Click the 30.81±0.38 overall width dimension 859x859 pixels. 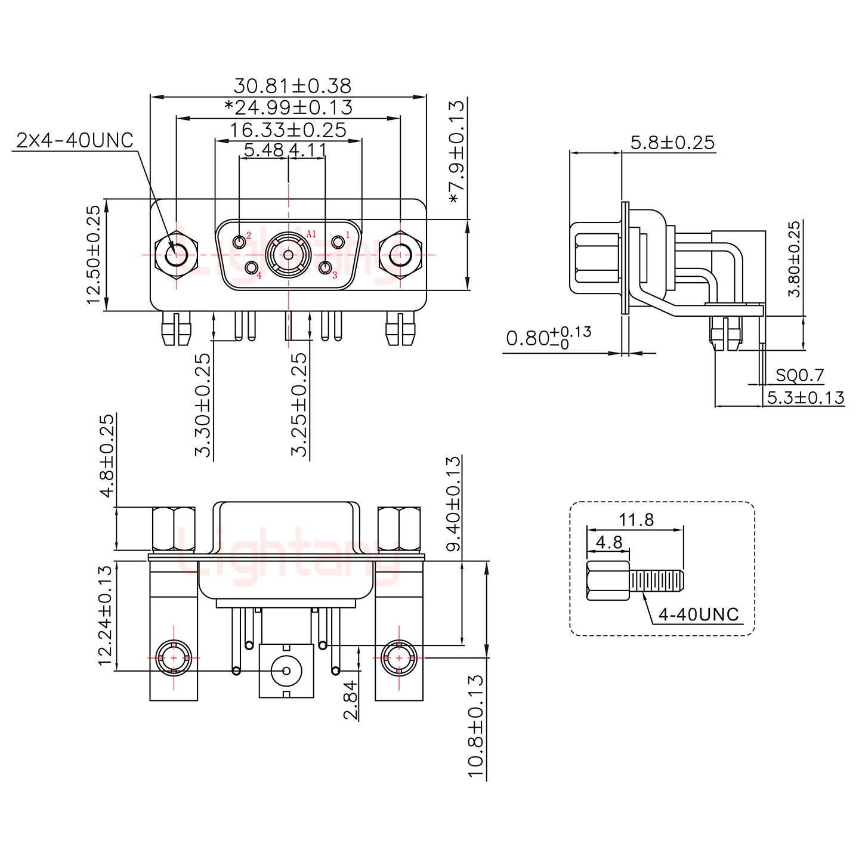click(292, 86)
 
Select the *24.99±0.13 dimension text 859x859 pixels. click(288, 108)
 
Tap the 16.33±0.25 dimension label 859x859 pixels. click(288, 130)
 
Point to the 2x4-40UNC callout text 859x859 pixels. click(75, 141)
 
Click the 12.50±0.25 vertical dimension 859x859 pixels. click(94, 255)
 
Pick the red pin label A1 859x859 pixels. click(311, 234)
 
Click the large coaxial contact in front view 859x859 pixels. click(288, 255)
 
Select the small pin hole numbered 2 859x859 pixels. click(240, 242)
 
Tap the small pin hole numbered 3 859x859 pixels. click(326, 268)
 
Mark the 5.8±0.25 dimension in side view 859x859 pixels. click(672, 143)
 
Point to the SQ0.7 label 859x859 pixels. click(799, 375)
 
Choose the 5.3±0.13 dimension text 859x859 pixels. click(805, 397)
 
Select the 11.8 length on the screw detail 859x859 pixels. click(636, 520)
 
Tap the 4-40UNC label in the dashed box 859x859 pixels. click(699, 614)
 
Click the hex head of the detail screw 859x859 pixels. click(607, 581)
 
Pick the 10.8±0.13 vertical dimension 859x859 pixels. click(475, 725)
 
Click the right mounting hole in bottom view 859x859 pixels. click(398, 657)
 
